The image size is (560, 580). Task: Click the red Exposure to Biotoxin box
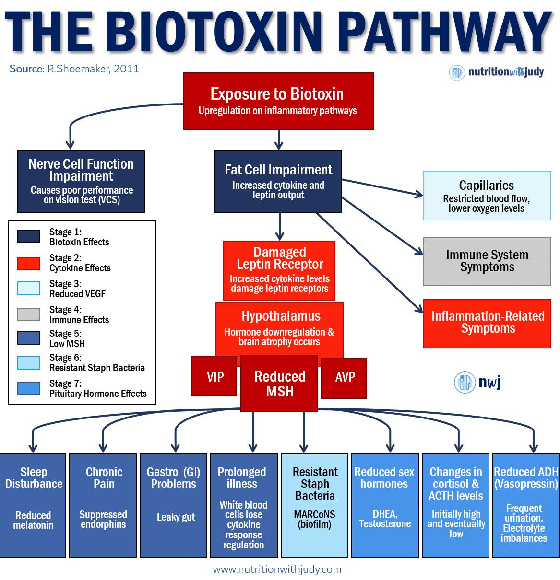click(278, 101)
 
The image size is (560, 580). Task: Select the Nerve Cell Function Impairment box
click(81, 181)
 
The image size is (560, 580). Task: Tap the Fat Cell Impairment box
click(278, 181)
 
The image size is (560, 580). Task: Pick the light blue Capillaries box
click(487, 196)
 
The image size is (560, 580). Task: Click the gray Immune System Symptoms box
click(487, 261)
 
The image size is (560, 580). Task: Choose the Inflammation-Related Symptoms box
click(487, 323)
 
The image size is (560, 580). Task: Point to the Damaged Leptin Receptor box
click(279, 270)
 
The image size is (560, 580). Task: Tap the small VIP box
click(214, 376)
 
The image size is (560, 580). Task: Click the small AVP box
click(345, 377)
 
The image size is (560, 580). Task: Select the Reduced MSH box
click(279, 383)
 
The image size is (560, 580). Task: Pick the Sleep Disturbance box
click(34, 505)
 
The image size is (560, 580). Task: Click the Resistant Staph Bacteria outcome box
click(314, 505)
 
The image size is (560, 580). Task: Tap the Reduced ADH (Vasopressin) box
click(525, 505)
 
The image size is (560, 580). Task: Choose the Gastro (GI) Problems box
click(173, 505)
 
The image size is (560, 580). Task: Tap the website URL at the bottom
click(277, 569)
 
